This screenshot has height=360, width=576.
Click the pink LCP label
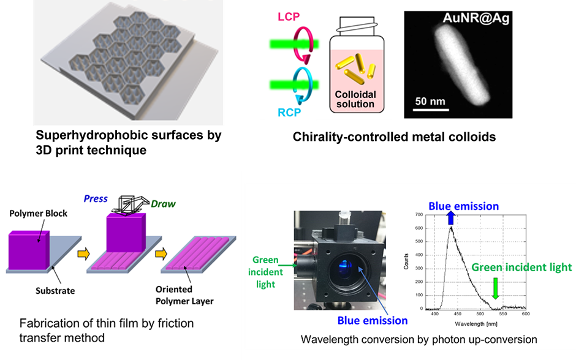289,17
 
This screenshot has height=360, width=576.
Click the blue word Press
96,198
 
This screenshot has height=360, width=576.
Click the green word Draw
163,203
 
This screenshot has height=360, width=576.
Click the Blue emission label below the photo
372,320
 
